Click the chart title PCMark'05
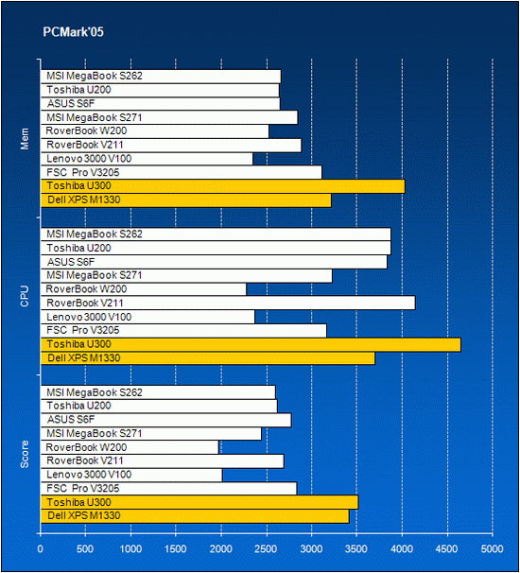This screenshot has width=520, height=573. (73, 32)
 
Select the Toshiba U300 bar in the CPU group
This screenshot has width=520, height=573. (251, 344)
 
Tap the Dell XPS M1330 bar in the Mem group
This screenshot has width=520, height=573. (185, 200)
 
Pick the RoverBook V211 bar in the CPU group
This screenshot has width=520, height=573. (228, 303)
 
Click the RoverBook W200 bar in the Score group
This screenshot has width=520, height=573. (130, 447)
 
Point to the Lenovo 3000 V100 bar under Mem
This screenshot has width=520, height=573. (147, 159)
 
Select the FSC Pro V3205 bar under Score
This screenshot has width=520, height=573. (168, 489)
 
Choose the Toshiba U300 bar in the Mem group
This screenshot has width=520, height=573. (222, 186)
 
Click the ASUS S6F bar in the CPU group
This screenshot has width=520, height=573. (214, 262)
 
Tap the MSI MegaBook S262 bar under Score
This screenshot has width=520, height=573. (158, 392)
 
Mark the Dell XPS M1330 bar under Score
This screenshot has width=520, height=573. (195, 516)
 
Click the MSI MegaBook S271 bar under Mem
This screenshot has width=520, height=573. (169, 117)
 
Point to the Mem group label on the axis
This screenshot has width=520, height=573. (25, 139)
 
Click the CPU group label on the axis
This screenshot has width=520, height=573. (25, 296)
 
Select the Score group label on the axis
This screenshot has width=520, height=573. (25, 454)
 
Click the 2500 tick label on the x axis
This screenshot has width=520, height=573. (266, 548)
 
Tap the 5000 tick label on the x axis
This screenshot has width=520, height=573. (492, 548)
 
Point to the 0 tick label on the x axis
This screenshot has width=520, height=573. (41, 548)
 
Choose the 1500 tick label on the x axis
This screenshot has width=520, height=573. (176, 548)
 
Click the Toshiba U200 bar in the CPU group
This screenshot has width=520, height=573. (216, 248)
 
